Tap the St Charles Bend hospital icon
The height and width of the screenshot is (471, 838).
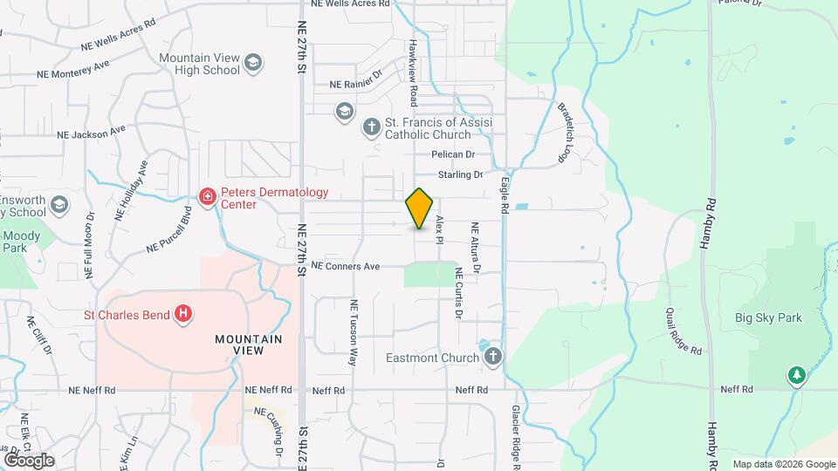click(x=183, y=314)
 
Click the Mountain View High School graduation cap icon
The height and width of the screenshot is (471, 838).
click(x=252, y=62)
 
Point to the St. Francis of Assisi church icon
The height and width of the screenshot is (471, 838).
click(x=371, y=127)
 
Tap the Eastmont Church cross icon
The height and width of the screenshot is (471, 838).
click(x=493, y=357)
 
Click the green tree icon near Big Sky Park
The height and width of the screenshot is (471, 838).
click(x=795, y=376)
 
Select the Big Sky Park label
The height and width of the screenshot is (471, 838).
click(x=768, y=318)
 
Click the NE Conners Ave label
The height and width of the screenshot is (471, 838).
click(x=346, y=265)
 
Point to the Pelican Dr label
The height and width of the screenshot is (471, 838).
click(x=452, y=154)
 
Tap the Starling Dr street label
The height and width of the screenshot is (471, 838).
click(x=460, y=175)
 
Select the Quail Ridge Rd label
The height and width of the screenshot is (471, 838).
click(x=683, y=331)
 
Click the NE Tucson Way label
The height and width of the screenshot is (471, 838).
click(x=354, y=332)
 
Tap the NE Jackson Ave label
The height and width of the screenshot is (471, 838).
click(x=92, y=133)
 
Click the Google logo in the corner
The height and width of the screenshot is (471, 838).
click(x=29, y=460)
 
